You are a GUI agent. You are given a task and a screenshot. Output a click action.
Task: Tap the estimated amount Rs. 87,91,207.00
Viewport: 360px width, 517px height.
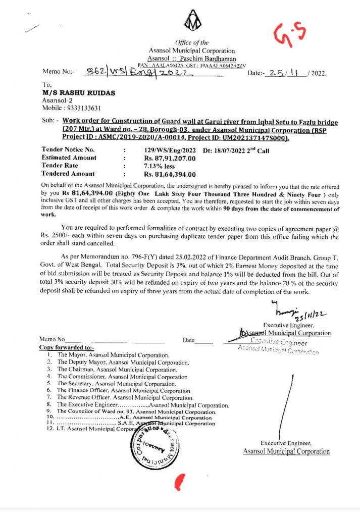pos(170,158)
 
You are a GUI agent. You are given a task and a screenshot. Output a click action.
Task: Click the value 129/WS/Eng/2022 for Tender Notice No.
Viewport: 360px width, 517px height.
pos(170,150)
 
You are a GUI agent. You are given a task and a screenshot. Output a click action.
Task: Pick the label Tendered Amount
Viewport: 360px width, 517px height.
pos(68,174)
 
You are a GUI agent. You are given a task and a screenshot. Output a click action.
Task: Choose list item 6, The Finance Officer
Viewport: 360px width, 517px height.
pos(123,391)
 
